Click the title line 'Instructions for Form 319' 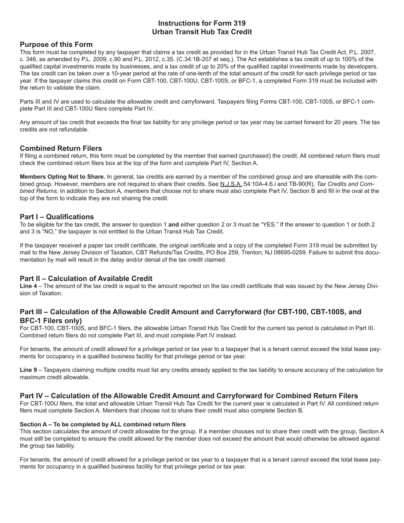pos(202,23)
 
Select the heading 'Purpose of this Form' pos(56,44)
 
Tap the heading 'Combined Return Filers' pos(61,148)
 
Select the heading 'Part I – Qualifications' pos(57,216)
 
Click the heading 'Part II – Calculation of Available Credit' pos(86,279)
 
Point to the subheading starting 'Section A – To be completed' pos(102,424)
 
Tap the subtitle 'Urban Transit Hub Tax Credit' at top pos(202,32)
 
